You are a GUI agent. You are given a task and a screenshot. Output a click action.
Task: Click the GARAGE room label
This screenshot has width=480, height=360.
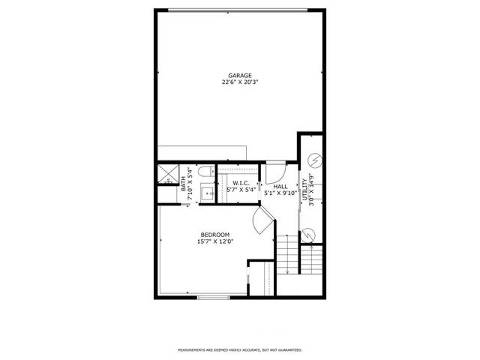[x=240, y=75]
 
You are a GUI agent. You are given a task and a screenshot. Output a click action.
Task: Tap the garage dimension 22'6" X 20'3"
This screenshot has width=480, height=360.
[x=240, y=82]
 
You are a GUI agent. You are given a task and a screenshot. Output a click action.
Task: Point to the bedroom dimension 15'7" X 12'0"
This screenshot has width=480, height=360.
[x=216, y=242]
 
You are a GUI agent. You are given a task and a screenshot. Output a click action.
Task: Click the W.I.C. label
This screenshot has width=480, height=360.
[x=241, y=183]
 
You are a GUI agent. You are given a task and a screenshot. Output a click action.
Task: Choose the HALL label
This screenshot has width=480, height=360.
[x=280, y=186]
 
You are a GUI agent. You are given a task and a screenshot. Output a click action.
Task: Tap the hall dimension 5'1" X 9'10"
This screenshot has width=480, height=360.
[x=280, y=193]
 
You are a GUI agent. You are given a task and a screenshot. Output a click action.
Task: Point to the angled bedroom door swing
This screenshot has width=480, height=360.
[x=264, y=221]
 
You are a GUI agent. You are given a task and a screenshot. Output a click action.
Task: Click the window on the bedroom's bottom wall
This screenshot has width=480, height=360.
[x=214, y=298]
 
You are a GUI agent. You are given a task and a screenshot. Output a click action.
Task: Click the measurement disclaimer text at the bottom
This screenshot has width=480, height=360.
[x=240, y=349]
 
